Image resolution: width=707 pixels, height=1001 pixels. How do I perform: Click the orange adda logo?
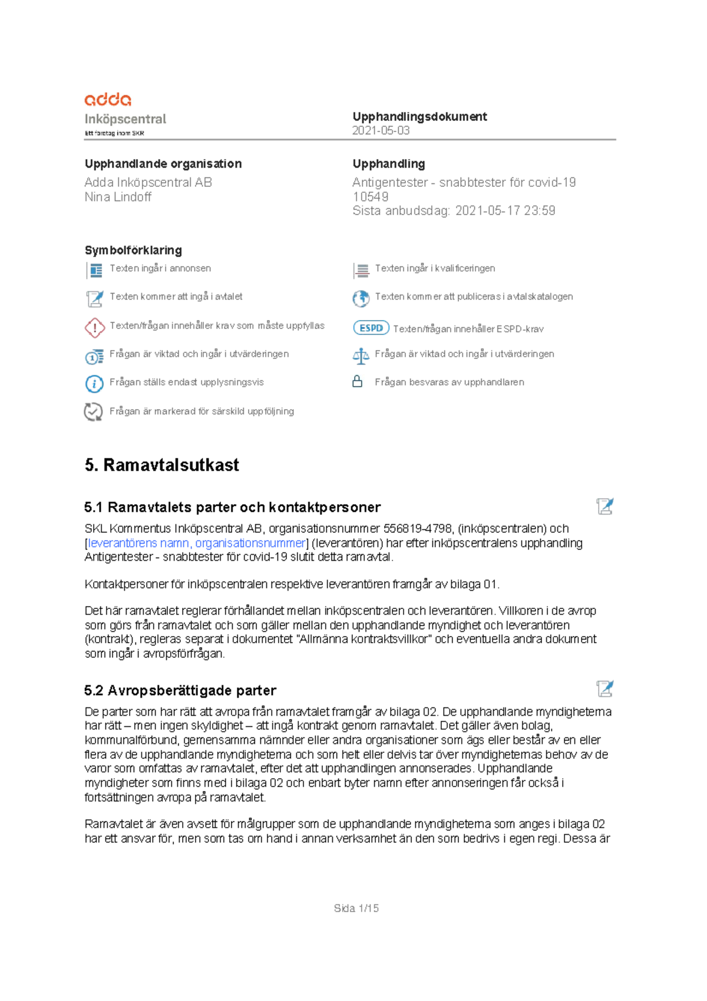tap(108, 99)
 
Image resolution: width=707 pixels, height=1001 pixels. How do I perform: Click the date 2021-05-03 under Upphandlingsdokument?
tap(381, 131)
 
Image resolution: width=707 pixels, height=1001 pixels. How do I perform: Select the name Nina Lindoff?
tap(118, 197)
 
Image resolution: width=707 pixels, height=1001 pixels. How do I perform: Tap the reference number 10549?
tap(370, 197)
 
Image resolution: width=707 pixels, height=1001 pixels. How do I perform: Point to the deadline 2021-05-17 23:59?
tap(505, 211)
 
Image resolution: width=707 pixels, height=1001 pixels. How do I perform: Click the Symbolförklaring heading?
tap(133, 250)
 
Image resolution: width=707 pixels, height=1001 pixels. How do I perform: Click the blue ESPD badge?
tap(371, 328)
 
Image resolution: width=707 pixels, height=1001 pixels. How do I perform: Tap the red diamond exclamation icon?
tap(94, 327)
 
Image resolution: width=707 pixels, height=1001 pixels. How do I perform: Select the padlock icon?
tap(357, 382)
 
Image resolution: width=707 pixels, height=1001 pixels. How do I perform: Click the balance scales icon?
tap(361, 355)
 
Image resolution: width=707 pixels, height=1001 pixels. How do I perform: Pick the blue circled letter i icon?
tap(94, 384)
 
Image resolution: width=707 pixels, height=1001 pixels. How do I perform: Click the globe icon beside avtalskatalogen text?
tap(361, 298)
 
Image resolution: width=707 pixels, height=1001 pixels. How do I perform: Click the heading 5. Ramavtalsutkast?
tap(161, 465)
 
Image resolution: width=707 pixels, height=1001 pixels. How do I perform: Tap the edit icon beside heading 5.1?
tap(604, 506)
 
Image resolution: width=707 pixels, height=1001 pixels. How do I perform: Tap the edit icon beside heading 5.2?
tap(604, 689)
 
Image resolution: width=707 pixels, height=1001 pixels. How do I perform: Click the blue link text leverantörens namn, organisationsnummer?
tap(197, 543)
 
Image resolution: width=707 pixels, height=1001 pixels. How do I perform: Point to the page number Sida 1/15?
tap(356, 908)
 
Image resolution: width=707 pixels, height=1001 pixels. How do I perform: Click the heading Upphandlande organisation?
tap(163, 164)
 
